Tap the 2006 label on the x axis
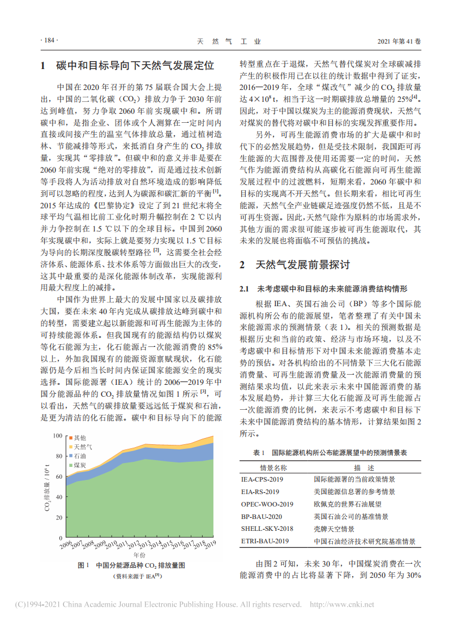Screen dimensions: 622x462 click(66, 546)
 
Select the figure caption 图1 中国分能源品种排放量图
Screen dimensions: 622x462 click(131, 565)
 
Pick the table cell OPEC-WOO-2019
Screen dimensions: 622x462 click(267, 504)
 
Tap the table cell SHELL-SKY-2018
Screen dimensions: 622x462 click(266, 529)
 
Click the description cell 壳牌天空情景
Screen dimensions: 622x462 click(334, 529)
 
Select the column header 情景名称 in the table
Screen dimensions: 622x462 click(273, 467)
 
